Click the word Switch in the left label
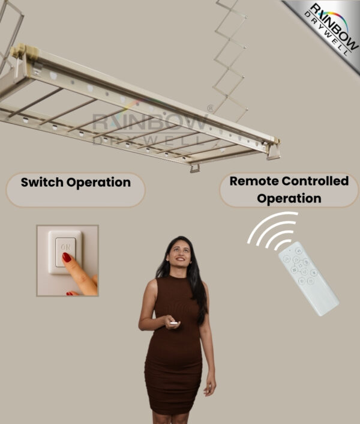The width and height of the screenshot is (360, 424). pos(41,183)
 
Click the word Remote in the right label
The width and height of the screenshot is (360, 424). pos(251,181)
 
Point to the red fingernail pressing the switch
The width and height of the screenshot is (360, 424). pos(67,258)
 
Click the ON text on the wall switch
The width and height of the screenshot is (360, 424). pos(65,247)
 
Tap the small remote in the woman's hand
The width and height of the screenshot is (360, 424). pos(173,323)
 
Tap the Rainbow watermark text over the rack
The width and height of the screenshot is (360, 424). pos(150,123)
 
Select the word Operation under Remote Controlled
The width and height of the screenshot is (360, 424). pos(289,198)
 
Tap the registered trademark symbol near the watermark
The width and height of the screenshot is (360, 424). pos(210,109)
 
